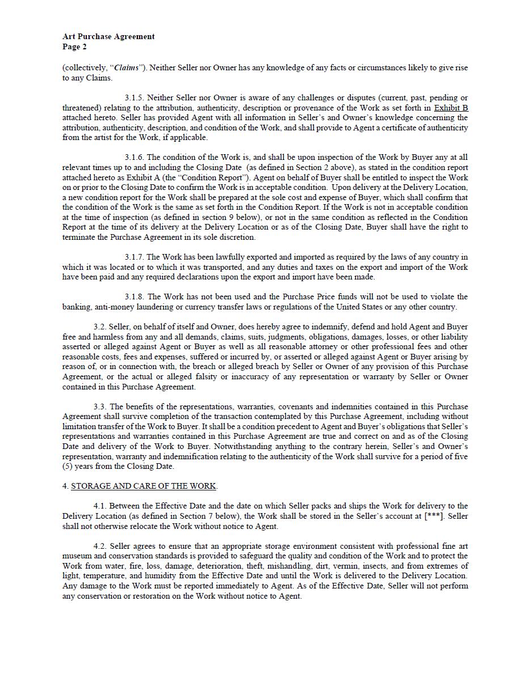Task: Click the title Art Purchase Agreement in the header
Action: point(108,36)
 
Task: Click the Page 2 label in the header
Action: point(74,46)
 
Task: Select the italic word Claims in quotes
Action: point(127,68)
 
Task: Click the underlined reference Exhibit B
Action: point(451,108)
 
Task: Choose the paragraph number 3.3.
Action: point(100,406)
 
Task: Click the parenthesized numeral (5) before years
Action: point(68,467)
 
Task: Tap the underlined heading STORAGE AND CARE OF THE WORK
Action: point(143,486)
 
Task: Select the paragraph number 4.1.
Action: point(100,506)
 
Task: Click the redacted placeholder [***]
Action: point(434,516)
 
